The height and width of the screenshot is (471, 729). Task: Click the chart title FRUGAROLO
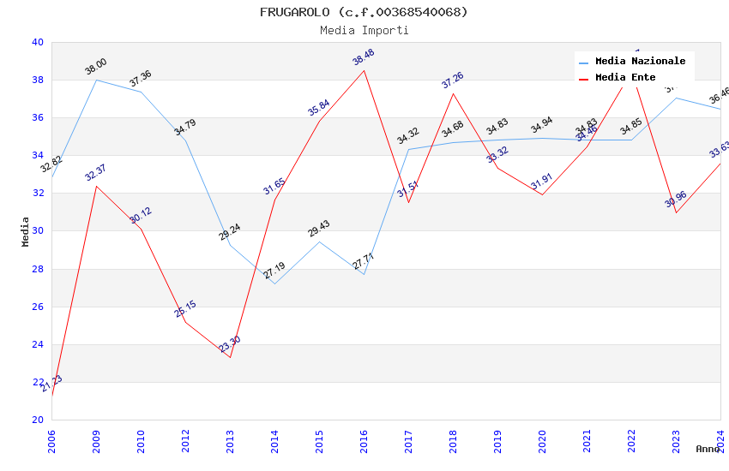pos(364,12)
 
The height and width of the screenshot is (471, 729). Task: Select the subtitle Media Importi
pos(364,30)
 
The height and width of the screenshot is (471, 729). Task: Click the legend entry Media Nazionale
pos(640,61)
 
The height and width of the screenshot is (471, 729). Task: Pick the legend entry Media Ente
pos(625,77)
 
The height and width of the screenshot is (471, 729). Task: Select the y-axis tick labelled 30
pos(38,231)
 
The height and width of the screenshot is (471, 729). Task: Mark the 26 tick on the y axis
pos(38,307)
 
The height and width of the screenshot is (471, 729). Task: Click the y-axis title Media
pos(26,231)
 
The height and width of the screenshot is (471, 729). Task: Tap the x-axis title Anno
pos(708,449)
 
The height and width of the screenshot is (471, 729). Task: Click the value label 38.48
pos(364,57)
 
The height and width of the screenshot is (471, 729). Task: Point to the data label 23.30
pos(230,345)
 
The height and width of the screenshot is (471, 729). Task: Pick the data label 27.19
pos(274,271)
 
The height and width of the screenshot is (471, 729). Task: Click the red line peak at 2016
pos(364,70)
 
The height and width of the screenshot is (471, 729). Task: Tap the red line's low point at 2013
pos(230,357)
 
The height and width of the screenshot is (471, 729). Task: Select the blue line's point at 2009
pos(96,80)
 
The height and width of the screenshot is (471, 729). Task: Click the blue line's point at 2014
pos(274,283)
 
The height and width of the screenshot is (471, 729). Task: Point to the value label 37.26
pos(453,80)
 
